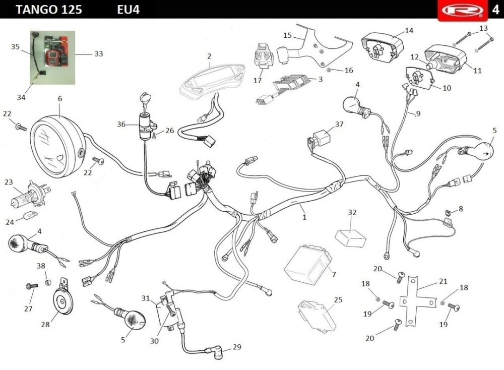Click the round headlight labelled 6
click(x=57, y=147)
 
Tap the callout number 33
click(x=98, y=53)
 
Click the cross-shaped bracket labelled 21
click(x=416, y=300)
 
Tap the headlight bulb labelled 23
click(x=29, y=195)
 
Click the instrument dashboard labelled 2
click(x=213, y=79)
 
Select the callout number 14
click(x=409, y=31)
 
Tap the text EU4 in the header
click(x=128, y=10)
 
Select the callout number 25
click(x=338, y=299)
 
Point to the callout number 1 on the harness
click(x=304, y=217)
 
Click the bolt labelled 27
click(x=32, y=285)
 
